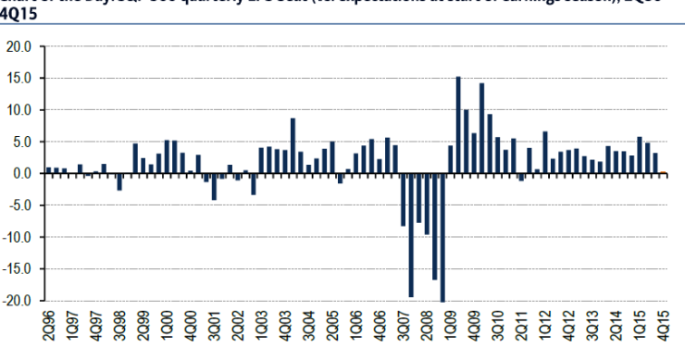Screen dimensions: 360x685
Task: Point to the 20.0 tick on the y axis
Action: (19, 46)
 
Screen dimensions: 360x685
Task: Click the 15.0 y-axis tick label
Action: (19, 78)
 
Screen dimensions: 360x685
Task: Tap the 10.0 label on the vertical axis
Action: (19, 110)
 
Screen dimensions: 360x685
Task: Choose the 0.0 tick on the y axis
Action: (21, 173)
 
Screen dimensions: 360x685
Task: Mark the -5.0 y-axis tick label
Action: (19, 205)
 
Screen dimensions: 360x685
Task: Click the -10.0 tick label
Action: (17, 238)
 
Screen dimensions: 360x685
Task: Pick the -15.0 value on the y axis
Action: (17, 269)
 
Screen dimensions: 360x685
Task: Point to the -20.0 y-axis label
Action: (17, 302)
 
